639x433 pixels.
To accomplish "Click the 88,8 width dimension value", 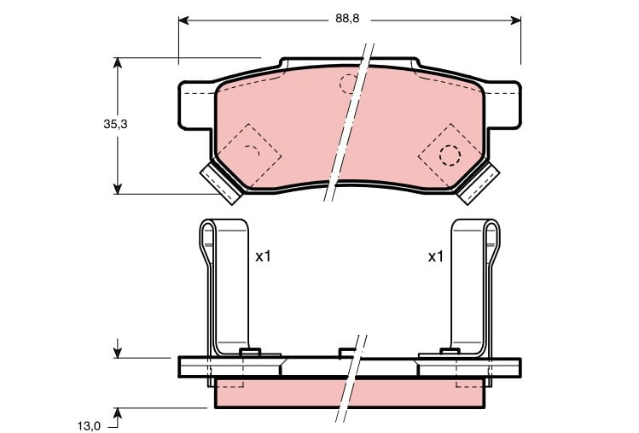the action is point(347,19).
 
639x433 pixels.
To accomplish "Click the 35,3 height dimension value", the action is point(115,124).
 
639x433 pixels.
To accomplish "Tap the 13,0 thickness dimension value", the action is point(89,426).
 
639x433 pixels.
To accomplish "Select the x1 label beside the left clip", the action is point(263,257).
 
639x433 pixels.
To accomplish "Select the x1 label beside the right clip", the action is point(435,257).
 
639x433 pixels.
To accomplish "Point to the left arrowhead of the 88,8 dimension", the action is point(183,20).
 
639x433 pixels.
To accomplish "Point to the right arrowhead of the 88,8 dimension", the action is point(516,20).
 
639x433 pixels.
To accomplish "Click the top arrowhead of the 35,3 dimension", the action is point(118,63).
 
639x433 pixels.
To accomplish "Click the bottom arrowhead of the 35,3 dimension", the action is point(118,189).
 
